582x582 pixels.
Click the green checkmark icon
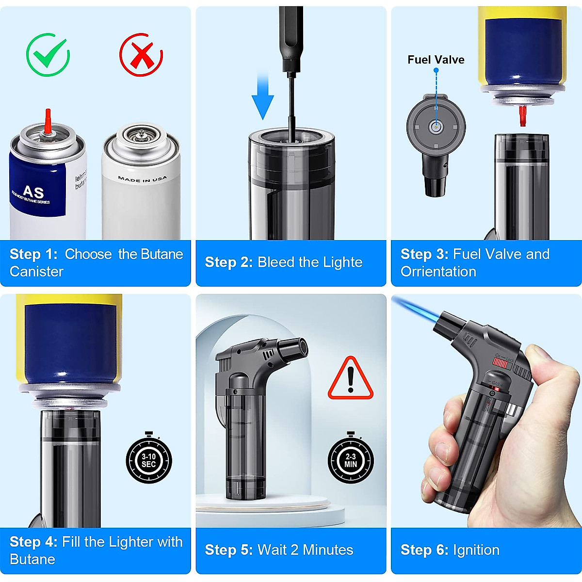coord(48,55)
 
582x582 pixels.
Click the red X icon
coord(141,55)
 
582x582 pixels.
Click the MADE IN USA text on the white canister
coord(142,179)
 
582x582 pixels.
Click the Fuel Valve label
coord(436,60)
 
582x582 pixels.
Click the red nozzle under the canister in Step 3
coord(522,115)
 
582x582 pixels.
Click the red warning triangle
coord(350,379)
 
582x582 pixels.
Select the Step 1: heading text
coord(33,254)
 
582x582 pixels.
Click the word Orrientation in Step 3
coord(438,272)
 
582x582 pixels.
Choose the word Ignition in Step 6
coord(476,550)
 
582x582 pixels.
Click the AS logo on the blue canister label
coord(33,192)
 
